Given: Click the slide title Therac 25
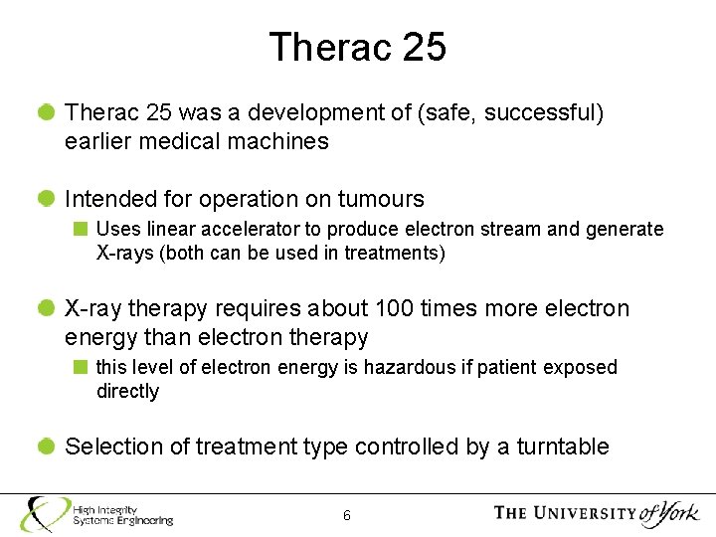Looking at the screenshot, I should click(357, 47).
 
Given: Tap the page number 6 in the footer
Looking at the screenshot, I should click(346, 515).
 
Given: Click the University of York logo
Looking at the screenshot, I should click(597, 513).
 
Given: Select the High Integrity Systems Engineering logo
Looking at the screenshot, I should click(97, 514).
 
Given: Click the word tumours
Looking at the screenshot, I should click(381, 199).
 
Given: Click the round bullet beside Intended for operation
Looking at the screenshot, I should click(47, 199).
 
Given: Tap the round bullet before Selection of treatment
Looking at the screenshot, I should click(47, 447).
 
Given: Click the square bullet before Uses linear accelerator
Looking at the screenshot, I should click(82, 229).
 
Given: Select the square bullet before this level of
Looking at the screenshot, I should click(82, 367).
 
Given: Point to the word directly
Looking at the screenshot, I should click(127, 391).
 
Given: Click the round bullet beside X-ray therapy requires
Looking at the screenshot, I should click(47, 308).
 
